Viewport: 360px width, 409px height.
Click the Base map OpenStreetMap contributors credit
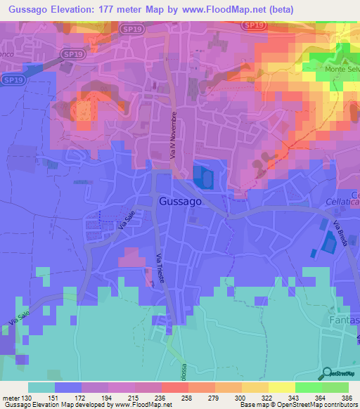click(x=296, y=404)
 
